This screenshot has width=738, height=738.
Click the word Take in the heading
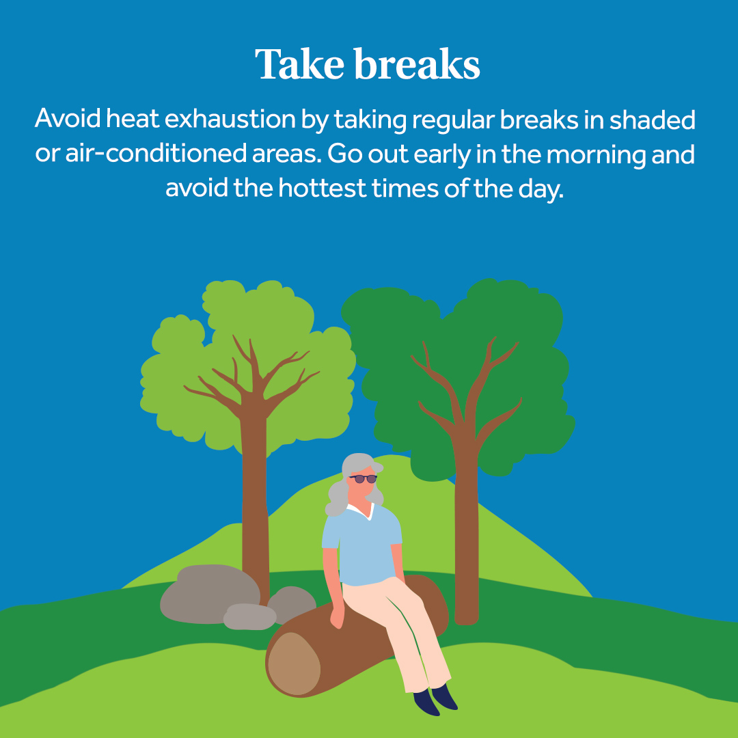coord(299,64)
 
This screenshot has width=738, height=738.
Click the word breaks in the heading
coord(417,64)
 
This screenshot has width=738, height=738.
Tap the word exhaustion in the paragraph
coord(230,118)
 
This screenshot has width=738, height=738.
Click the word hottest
coord(322,188)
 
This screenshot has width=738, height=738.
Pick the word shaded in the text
coord(653,119)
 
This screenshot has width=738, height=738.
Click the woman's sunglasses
coord(363,478)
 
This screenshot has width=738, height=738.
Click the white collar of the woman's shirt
coord(361,511)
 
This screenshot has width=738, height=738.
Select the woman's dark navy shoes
coord(435,698)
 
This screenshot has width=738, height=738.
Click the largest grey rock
coord(210,594)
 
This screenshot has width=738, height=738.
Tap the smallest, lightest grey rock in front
coord(249,616)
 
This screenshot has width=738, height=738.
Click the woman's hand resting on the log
coord(337,616)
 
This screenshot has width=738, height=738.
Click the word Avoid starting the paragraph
coord(68,118)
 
